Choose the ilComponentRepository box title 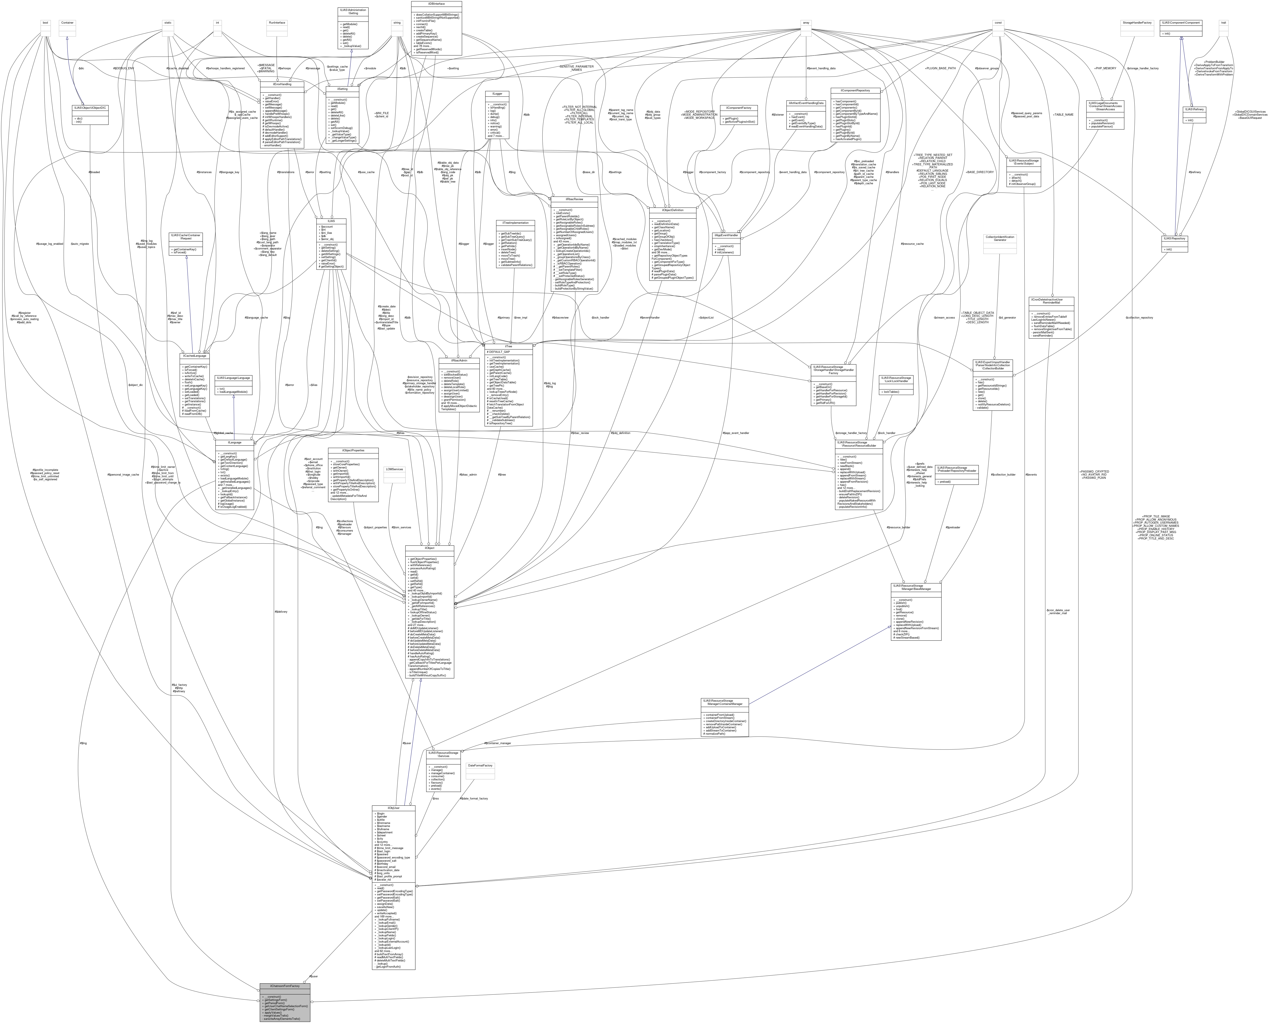(855, 90)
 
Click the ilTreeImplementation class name (515, 223)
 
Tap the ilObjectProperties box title (352, 450)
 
